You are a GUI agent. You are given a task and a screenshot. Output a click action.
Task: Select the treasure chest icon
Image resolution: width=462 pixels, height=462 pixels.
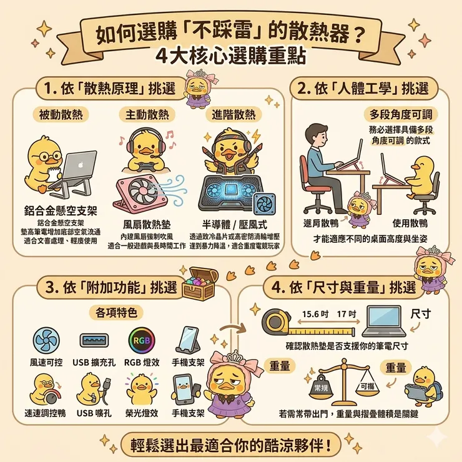200,285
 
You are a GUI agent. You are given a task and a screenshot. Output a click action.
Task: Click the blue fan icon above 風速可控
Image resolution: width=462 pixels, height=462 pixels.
46,341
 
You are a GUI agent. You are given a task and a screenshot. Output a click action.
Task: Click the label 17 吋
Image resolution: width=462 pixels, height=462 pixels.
345,313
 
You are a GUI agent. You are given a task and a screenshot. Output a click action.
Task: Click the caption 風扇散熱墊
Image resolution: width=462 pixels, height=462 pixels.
144,224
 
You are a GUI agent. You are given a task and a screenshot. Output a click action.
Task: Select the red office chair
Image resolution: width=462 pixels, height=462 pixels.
313,184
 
